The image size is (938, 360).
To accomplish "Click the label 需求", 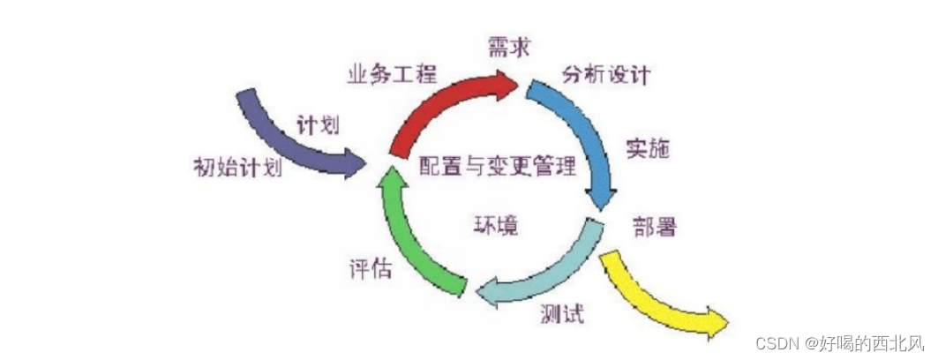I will [509, 47].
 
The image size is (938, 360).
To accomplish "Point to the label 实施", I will [649, 147].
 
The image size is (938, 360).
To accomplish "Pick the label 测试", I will [560, 314].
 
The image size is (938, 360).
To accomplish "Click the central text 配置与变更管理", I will [496, 166].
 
